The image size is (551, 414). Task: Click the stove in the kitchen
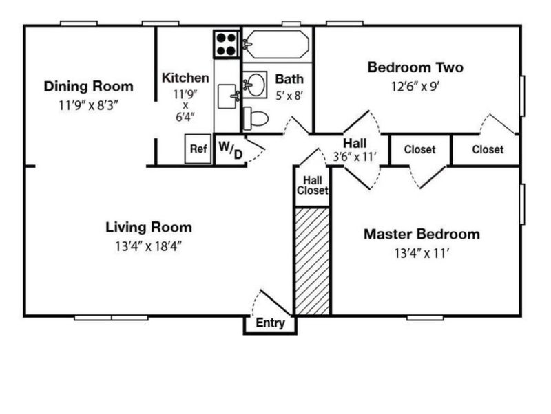[227, 44]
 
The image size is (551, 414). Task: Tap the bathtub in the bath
[276, 44]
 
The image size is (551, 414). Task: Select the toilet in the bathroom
[256, 118]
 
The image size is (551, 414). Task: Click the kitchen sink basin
[228, 96]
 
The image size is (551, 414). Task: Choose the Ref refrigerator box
[198, 149]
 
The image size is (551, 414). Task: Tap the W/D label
[231, 150]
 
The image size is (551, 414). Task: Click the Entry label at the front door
[270, 323]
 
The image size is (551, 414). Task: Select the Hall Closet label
[313, 185]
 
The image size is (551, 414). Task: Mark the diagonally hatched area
[313, 261]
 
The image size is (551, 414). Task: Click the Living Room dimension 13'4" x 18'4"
[148, 247]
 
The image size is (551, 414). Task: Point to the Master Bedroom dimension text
[422, 253]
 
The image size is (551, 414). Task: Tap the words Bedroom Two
[415, 67]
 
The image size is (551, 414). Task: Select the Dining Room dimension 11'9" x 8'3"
[88, 105]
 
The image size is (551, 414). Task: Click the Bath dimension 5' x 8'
[289, 96]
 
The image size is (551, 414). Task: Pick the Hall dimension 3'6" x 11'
[355, 157]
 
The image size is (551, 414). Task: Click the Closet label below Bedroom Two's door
[488, 150]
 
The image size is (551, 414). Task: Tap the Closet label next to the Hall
[419, 150]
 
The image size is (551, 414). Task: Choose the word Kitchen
[185, 78]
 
